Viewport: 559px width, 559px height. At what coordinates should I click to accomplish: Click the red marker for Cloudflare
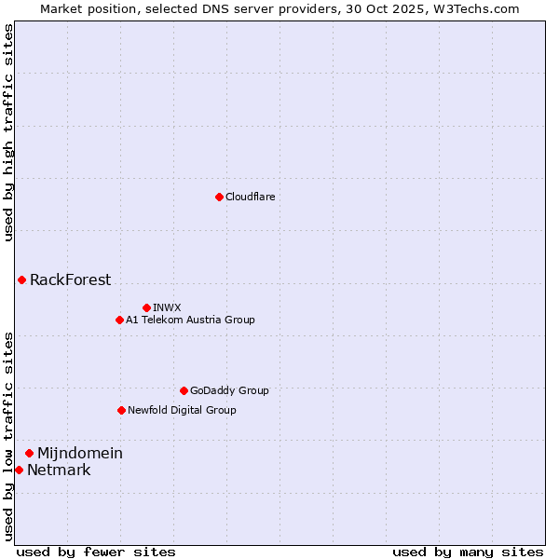point(219,197)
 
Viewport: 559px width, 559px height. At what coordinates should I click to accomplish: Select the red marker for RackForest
point(21,279)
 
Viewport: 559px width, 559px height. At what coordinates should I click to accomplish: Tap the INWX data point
point(146,307)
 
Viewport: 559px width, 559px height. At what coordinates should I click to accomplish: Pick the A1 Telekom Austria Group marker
point(119,320)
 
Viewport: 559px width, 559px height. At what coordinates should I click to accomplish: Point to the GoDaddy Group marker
point(184,390)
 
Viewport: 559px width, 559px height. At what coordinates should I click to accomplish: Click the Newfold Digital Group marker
point(121,410)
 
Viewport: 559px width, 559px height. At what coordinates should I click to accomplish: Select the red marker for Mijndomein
point(29,453)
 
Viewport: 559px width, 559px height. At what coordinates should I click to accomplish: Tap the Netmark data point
point(19,470)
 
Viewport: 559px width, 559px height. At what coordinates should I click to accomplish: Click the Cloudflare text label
point(250,197)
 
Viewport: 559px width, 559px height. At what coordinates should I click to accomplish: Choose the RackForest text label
point(70,279)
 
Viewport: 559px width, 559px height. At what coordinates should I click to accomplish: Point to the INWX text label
point(167,307)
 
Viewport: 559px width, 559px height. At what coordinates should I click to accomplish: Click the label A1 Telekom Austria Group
point(190,320)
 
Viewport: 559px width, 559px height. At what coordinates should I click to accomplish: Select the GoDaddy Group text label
point(229,390)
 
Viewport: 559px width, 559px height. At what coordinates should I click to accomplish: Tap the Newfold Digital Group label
point(182,410)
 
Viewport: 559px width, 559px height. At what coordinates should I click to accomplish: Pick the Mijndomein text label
point(79,453)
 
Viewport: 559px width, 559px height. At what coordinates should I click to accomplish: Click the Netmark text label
point(59,470)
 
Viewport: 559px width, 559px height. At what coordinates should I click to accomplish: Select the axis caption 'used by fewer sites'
point(96,552)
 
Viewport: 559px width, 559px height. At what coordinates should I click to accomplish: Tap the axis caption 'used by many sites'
point(468,552)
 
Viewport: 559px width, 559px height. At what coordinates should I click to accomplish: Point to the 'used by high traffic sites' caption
point(8,132)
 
